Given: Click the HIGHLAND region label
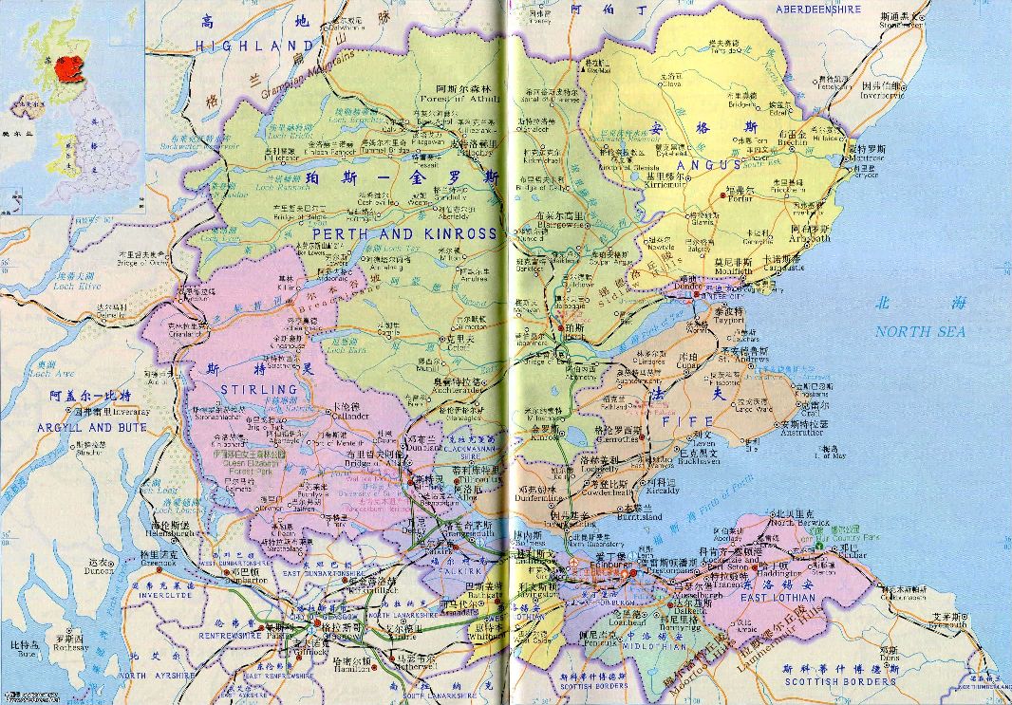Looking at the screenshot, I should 253,46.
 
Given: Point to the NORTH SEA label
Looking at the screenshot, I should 919,331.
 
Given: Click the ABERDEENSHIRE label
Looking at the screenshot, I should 818,9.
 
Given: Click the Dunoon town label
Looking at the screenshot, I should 100,572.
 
